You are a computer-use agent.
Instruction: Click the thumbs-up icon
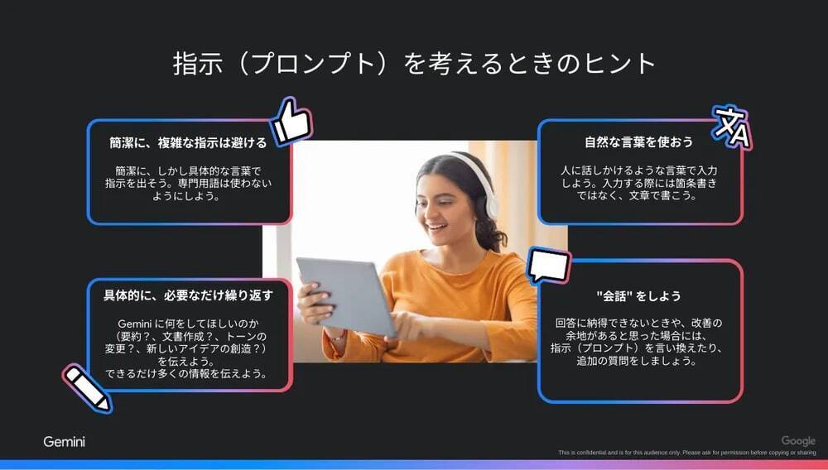pyautogui.click(x=291, y=122)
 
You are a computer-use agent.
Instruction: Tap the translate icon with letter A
pyautogui.click(x=733, y=127)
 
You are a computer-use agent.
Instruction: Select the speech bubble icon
pyautogui.click(x=549, y=266)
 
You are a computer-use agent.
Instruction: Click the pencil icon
pyautogui.click(x=88, y=388)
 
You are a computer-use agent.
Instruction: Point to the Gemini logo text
pyautogui.click(x=64, y=442)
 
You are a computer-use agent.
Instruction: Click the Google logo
pyautogui.click(x=798, y=440)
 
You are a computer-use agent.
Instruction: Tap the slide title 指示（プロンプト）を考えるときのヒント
pyautogui.click(x=414, y=63)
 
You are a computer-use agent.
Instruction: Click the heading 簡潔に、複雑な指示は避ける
pyautogui.click(x=188, y=142)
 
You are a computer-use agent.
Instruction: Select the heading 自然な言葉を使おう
pyautogui.click(x=639, y=141)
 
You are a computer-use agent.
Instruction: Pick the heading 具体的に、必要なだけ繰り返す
pyautogui.click(x=189, y=295)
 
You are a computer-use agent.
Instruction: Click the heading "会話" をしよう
pyautogui.click(x=638, y=295)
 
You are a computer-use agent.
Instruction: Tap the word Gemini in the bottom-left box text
pyautogui.click(x=135, y=324)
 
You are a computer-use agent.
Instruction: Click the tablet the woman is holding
pyautogui.click(x=347, y=296)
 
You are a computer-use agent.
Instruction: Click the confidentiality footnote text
pyautogui.click(x=687, y=453)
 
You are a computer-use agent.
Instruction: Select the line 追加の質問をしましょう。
pyautogui.click(x=636, y=361)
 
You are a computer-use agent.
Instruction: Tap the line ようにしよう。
pyautogui.click(x=185, y=196)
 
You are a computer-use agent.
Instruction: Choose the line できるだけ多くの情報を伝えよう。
pyautogui.click(x=185, y=373)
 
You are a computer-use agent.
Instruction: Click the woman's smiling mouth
pyautogui.click(x=436, y=227)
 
